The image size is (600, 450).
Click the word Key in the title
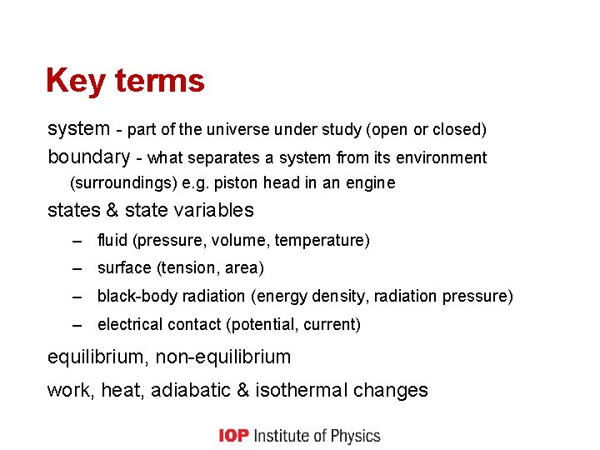pos(76,82)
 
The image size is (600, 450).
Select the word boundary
pos(88,157)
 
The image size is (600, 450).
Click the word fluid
pos(112,240)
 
